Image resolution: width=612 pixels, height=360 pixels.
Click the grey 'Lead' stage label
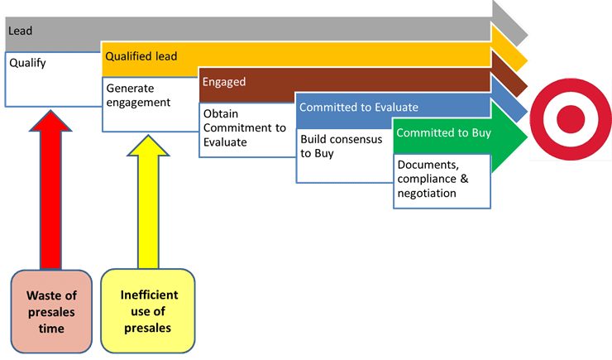(20, 31)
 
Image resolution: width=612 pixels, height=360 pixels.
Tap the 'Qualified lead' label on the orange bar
(141, 56)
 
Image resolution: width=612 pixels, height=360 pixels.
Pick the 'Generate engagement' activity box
(149, 103)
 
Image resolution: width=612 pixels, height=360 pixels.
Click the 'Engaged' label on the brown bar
(225, 82)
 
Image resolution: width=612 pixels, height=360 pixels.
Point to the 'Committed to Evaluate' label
(358, 107)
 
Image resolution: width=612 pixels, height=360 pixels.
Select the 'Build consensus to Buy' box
(342, 151)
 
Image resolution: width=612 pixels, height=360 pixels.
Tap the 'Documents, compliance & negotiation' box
(441, 180)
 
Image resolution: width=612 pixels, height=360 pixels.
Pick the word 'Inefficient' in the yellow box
(150, 295)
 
